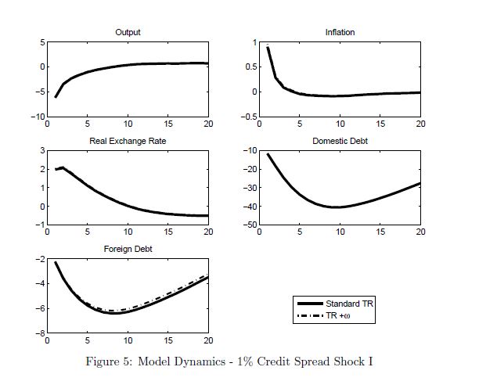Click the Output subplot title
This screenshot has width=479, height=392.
coord(128,32)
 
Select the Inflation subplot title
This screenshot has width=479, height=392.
coord(340,32)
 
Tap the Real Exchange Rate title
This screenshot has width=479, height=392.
coord(128,141)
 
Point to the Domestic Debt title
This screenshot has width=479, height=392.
coord(340,141)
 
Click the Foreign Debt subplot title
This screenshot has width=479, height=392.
coord(128,250)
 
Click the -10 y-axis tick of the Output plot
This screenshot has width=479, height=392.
coord(36,117)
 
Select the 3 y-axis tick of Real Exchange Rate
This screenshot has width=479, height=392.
coord(40,149)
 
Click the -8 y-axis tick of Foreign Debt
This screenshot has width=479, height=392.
coord(38,334)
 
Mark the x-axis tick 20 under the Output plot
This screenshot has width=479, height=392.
coord(207,124)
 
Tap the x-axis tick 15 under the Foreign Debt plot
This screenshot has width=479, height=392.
coord(167,341)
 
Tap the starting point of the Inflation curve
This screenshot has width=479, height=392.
coord(268,48)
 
